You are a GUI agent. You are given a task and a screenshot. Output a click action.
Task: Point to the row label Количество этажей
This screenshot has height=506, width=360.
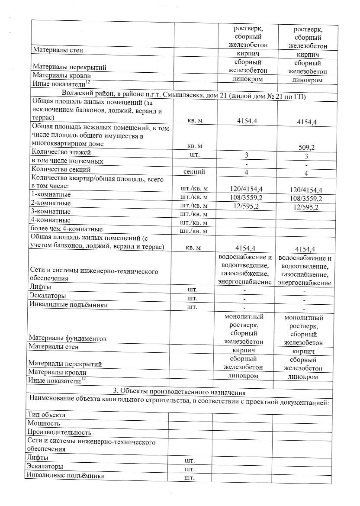pyautogui.click(x=62, y=152)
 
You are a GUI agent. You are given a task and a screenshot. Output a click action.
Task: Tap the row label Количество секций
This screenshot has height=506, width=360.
pyautogui.click(x=61, y=169)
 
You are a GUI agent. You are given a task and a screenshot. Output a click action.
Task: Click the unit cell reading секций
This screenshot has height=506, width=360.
pyautogui.click(x=194, y=171)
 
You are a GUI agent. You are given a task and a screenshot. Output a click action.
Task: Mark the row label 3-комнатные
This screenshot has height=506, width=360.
pyautogui.click(x=50, y=212)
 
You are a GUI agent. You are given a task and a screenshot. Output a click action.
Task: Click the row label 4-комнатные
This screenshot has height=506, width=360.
pyautogui.click(x=50, y=220)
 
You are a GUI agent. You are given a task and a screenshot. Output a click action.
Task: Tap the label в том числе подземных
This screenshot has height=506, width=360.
pyautogui.click(x=67, y=161)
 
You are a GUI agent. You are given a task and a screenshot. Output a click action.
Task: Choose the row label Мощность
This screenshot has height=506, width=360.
pyautogui.click(x=44, y=423)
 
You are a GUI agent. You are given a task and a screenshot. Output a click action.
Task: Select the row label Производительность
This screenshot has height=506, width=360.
pyautogui.click(x=59, y=432)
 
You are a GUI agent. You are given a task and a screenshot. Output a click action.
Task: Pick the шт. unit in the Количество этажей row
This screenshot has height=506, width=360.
pyautogui.click(x=194, y=154)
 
